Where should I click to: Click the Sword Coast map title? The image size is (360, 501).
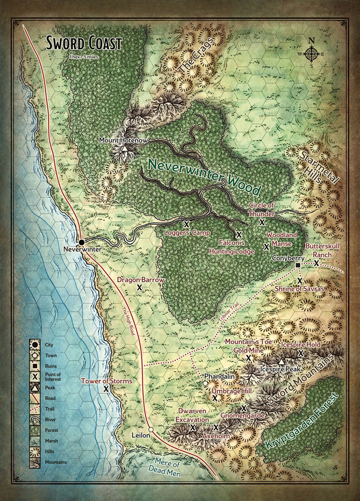click(84, 44)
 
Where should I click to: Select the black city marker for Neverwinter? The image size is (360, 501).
click(82, 242)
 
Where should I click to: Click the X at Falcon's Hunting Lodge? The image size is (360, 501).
click(239, 234)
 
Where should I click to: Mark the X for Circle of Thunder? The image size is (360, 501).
click(262, 222)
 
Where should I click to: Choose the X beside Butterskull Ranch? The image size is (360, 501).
click(316, 263)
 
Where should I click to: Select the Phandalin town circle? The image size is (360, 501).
click(205, 383)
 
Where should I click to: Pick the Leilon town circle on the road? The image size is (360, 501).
click(151, 429)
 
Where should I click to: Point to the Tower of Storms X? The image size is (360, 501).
click(106, 389)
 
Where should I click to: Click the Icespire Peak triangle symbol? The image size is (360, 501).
click(281, 362)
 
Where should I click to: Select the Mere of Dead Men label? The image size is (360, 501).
click(167, 468)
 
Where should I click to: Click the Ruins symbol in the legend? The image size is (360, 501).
click(35, 364)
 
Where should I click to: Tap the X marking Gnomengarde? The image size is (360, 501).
click(244, 408)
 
